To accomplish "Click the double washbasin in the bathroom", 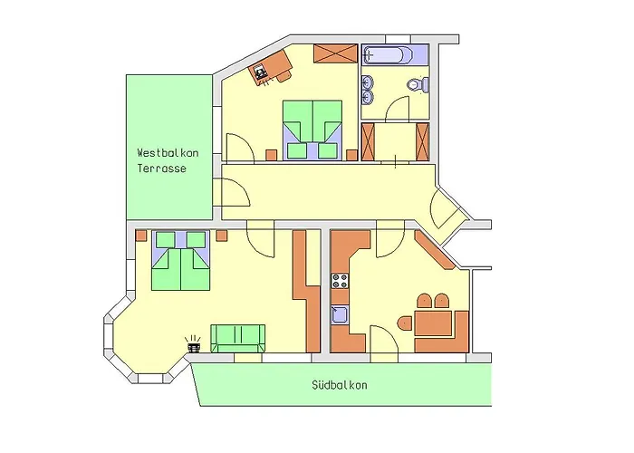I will [368, 87].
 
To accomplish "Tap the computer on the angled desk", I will [261, 71].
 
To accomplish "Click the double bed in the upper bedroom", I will [312, 130].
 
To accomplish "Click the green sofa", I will [238, 337].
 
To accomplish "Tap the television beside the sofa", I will [193, 345].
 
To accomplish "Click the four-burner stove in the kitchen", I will [341, 280].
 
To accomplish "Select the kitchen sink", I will [340, 315].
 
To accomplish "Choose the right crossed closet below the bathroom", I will [420, 142].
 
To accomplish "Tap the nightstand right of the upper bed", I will [351, 156].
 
